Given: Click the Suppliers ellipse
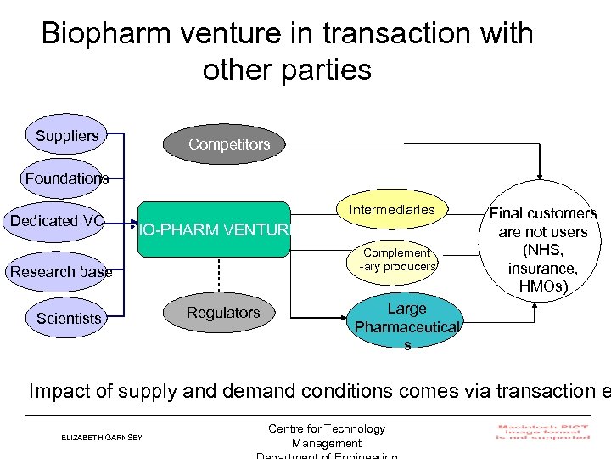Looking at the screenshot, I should coord(67,135).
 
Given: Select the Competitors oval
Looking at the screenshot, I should coord(229,144).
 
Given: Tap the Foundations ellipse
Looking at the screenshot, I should coord(66,178).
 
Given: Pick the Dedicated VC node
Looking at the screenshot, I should coord(56,222).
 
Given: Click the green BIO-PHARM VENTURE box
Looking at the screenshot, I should coord(212,229).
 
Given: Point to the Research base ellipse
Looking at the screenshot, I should coord(60,272).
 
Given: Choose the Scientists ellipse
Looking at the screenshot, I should coord(68,318).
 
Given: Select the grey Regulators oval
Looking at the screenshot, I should coord(224,313).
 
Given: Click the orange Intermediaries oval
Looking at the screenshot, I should coord(391,210).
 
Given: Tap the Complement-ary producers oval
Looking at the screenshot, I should coord(397,258).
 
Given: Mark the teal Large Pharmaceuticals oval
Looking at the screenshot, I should coord(406,324).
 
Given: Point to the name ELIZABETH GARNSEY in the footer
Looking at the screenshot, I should coord(102,438).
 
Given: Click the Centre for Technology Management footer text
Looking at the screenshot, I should coord(326,435).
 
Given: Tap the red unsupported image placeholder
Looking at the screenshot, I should coord(543,432).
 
